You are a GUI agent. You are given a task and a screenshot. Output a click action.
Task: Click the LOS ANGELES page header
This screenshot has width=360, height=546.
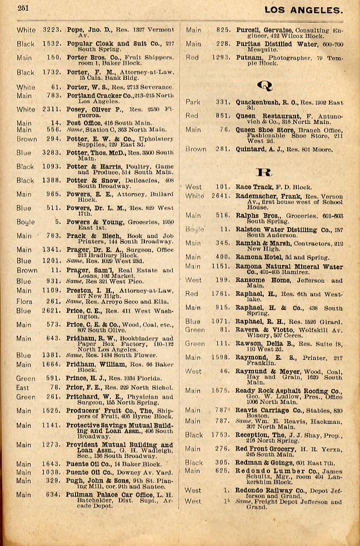(303, 9)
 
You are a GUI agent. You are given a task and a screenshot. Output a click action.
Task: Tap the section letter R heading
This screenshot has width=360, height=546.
(263, 172)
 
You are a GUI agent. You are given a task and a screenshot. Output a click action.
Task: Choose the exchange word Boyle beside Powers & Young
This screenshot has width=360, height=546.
(24, 222)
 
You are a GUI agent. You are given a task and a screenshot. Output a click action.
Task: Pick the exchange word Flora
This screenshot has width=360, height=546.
(24, 301)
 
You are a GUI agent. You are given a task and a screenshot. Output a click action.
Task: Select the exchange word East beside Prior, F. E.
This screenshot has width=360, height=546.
(23, 388)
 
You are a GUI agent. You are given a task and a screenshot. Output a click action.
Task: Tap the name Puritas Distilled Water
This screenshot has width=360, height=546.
(256, 44)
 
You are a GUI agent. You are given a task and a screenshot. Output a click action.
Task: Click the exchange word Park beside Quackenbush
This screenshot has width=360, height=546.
(193, 102)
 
